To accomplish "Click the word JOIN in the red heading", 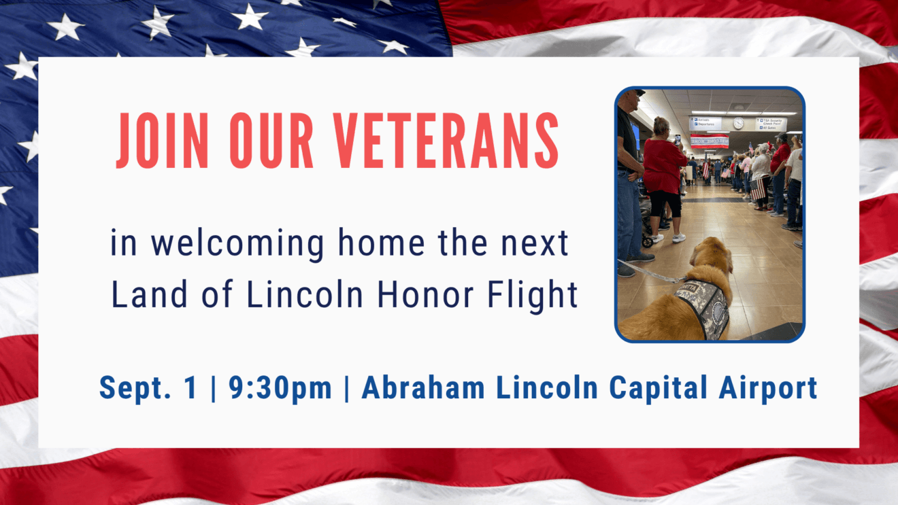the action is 163,141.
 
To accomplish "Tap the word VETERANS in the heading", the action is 446,141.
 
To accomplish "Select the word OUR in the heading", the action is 271,141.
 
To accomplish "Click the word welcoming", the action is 237,244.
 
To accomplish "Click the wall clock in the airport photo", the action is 738,123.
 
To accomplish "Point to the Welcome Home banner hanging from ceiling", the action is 710,141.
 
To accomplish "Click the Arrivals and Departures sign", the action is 705,123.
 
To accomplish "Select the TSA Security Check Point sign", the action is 771,124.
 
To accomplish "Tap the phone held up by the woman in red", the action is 678,139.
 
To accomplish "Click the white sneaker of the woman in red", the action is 679,239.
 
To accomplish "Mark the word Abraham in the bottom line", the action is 423,387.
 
